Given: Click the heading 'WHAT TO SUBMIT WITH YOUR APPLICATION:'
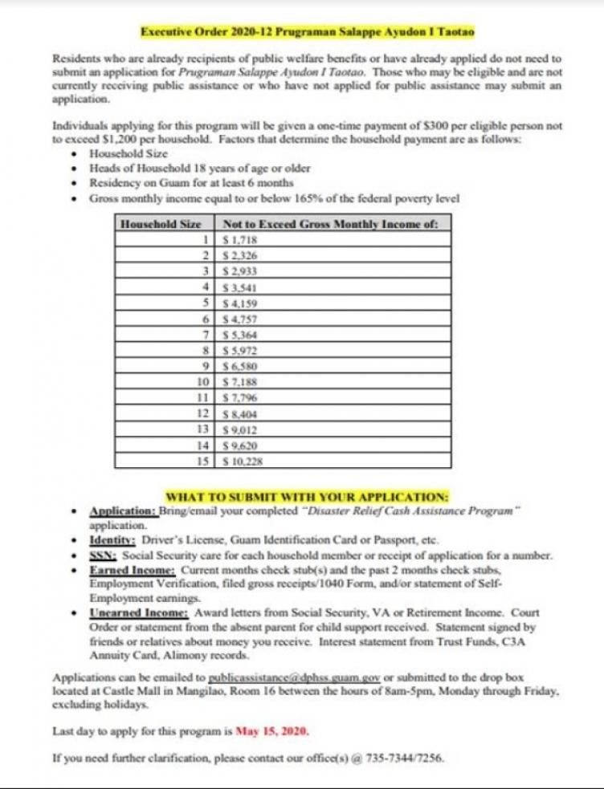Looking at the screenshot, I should click(x=307, y=495).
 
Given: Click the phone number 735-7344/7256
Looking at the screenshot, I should click(x=406, y=757).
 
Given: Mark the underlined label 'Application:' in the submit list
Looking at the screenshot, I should click(x=123, y=511).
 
